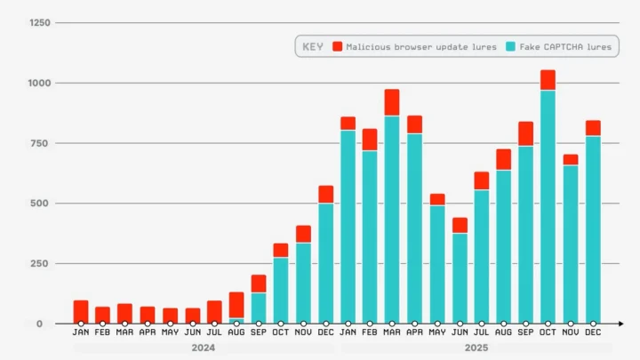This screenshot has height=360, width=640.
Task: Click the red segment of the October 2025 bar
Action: click(x=548, y=80)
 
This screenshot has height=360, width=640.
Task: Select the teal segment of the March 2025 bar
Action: click(x=392, y=218)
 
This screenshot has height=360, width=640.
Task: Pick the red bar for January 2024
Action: click(x=81, y=311)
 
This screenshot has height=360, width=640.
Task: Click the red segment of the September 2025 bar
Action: click(x=526, y=133)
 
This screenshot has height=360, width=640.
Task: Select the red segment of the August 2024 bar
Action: click(x=236, y=305)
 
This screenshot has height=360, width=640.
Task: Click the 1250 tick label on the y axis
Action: click(x=38, y=23)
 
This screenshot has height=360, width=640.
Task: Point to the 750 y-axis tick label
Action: click(x=41, y=143)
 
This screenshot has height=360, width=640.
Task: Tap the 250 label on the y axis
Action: click(x=41, y=264)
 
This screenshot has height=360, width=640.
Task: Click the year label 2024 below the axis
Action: click(x=203, y=348)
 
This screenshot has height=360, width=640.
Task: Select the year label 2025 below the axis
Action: click(x=476, y=348)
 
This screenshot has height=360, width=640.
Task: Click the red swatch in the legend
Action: click(x=338, y=46)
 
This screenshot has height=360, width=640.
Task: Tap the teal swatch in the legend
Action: click(x=511, y=46)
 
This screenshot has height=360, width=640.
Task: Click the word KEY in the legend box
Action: click(x=313, y=46)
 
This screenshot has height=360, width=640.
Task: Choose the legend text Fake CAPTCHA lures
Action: click(x=565, y=46)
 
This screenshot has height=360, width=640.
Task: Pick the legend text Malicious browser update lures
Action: click(x=421, y=46)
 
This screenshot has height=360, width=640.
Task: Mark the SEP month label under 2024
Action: click(x=259, y=334)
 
